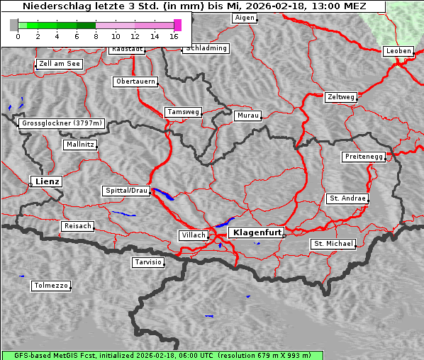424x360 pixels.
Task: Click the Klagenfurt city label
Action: click(257, 232)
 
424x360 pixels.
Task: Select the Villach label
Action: click(193, 235)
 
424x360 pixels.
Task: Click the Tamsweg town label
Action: click(184, 112)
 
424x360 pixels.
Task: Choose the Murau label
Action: click(248, 115)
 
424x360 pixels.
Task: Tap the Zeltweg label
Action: click(340, 96)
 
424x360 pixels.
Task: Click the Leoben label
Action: click(398, 51)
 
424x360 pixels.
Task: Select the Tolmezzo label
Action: click(51, 286)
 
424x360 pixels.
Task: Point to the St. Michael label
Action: click(333, 244)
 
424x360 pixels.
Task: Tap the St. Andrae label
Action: click(347, 198)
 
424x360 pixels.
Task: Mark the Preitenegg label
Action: click(364, 157)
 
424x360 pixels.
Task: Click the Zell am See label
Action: click(60, 64)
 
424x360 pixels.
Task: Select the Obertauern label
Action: click(135, 81)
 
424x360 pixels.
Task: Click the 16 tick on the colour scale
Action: click(174, 35)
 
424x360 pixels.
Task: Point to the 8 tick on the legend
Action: click(96, 35)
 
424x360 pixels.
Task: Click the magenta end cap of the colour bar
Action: click(178, 25)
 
